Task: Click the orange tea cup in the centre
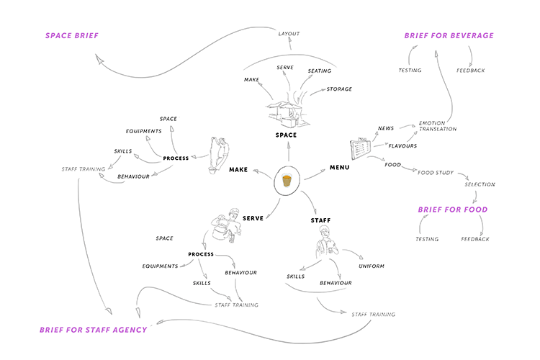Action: tap(287, 180)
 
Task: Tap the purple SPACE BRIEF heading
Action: tap(72, 35)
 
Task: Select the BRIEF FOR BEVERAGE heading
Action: tap(449, 35)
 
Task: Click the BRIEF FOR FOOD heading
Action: tap(453, 210)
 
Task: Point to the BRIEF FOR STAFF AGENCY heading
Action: tap(94, 330)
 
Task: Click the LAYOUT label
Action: tap(289, 34)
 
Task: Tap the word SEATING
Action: tap(320, 71)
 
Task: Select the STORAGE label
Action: tap(339, 89)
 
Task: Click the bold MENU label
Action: tap(340, 168)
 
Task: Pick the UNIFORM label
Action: tap(372, 266)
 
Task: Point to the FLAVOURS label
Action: tap(402, 146)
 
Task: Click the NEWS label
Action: tap(386, 128)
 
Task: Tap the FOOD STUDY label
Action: tap(436, 173)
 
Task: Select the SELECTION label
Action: tap(480, 184)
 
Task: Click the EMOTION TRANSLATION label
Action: tap(438, 126)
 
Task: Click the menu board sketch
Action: tap(361, 148)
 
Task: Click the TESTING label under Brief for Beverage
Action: tap(410, 71)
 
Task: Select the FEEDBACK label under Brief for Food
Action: tap(475, 239)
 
